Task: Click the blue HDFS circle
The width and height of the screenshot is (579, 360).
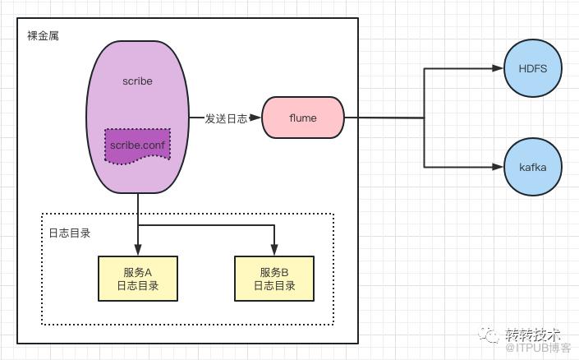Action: (x=533, y=68)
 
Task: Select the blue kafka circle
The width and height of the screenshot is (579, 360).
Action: (x=533, y=167)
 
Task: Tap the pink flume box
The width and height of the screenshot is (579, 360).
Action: (x=303, y=118)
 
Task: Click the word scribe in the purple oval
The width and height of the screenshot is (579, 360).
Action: (x=137, y=81)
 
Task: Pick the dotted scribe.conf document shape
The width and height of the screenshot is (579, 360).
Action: (x=137, y=145)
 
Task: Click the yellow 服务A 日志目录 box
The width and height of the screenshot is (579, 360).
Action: (x=138, y=279)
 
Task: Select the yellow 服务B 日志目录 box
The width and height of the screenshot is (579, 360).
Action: (x=274, y=279)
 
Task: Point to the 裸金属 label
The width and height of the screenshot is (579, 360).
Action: (x=43, y=35)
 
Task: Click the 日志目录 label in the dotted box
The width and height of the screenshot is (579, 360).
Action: (x=70, y=233)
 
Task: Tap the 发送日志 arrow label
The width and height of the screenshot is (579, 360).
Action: (x=226, y=118)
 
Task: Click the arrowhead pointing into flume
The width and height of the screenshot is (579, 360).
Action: (x=255, y=118)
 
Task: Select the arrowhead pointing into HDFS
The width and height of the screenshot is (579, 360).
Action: (x=498, y=68)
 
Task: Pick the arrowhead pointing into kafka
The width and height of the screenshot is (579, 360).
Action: (x=498, y=167)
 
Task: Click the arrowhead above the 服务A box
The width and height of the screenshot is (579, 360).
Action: (x=138, y=250)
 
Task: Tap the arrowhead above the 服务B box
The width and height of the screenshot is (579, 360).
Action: (x=274, y=250)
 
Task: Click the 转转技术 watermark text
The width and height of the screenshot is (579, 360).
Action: (x=532, y=335)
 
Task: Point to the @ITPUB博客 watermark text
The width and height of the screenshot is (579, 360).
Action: (x=538, y=348)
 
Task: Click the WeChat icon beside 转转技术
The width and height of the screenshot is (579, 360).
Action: (x=490, y=335)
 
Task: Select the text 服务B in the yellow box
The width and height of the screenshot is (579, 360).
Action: (x=274, y=272)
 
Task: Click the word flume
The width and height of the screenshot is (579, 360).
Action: (x=303, y=118)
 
